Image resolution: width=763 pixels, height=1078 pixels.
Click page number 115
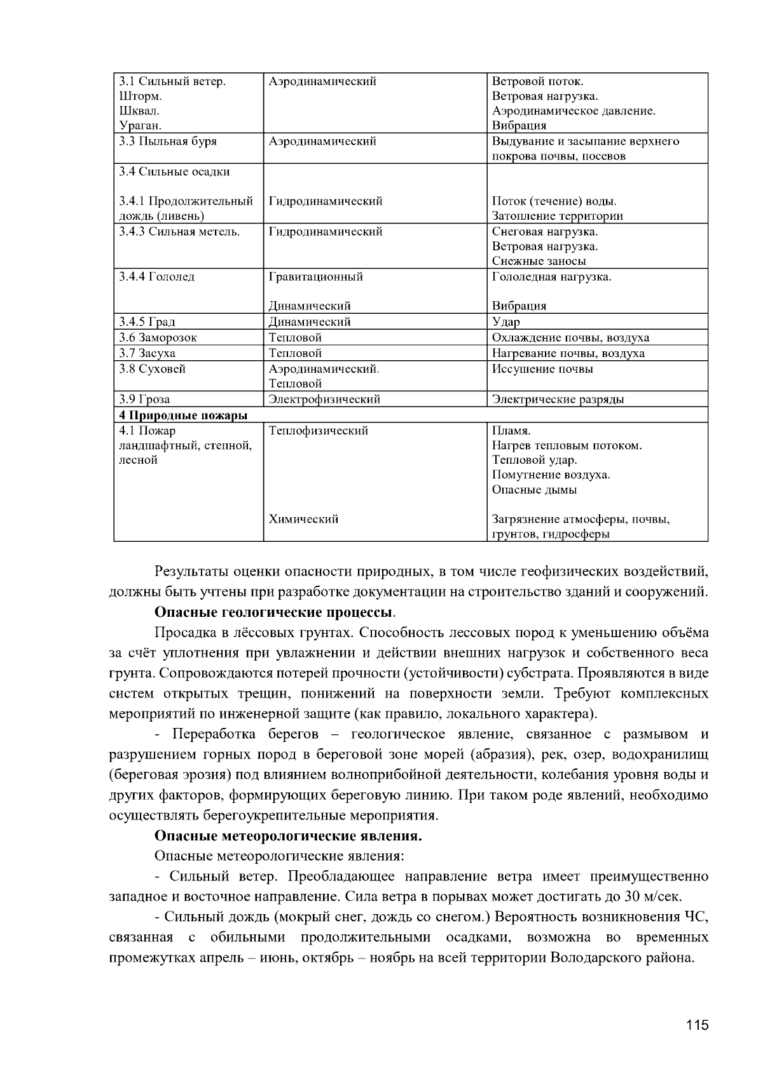[x=697, y=1025]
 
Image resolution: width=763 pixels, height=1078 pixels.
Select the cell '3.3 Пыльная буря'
[x=168, y=141]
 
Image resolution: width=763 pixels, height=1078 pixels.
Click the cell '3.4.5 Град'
[x=147, y=322]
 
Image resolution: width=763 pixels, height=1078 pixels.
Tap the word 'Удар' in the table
[x=506, y=322]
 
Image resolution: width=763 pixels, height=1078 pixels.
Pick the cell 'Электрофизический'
[x=324, y=400]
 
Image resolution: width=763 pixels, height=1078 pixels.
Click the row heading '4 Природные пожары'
[x=183, y=415]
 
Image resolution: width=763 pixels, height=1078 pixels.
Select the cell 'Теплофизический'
[x=319, y=431]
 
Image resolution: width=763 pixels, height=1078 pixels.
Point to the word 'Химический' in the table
[x=303, y=519]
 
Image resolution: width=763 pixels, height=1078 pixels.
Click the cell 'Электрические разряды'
[x=558, y=400]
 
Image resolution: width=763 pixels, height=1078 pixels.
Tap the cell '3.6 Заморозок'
[x=158, y=338]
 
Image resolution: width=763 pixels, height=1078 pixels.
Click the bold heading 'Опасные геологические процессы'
[x=273, y=612]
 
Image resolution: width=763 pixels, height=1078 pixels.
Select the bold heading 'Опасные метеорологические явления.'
[x=289, y=836]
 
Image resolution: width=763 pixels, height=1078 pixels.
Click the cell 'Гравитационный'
[x=315, y=277]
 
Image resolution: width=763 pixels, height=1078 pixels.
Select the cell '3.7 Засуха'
[x=147, y=353]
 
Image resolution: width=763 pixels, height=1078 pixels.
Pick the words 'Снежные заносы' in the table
[x=539, y=261]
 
